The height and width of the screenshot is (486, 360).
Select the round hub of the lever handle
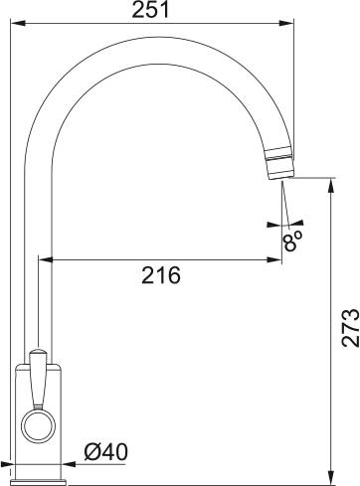tap(37, 427)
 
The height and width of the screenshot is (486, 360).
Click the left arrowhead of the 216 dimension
tap(43, 260)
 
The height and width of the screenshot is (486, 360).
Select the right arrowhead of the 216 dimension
tap(277, 260)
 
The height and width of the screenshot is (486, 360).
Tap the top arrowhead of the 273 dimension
tap(330, 184)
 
